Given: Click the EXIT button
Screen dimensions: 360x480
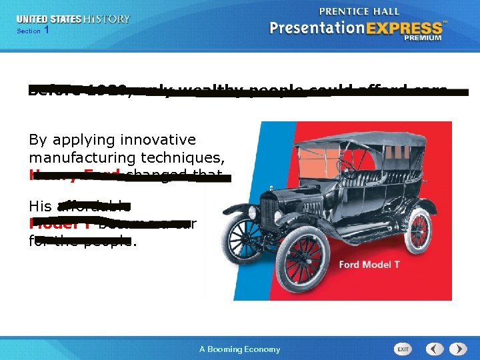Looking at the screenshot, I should click(x=403, y=349).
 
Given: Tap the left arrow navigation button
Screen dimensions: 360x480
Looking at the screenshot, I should click(x=435, y=349).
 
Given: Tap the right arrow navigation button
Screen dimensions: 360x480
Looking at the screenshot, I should click(x=458, y=349).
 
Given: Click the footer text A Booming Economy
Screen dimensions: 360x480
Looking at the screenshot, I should click(x=240, y=349).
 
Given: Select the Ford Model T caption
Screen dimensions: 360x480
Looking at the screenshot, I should click(x=369, y=265).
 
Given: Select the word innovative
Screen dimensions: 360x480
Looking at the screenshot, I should click(x=158, y=140).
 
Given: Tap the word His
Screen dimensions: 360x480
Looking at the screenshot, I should click(x=41, y=206).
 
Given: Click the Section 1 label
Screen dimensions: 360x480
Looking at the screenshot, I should click(x=33, y=31).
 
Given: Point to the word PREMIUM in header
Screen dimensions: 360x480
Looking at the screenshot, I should click(x=422, y=39).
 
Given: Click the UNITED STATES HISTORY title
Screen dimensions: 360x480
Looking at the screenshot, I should click(x=73, y=19).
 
